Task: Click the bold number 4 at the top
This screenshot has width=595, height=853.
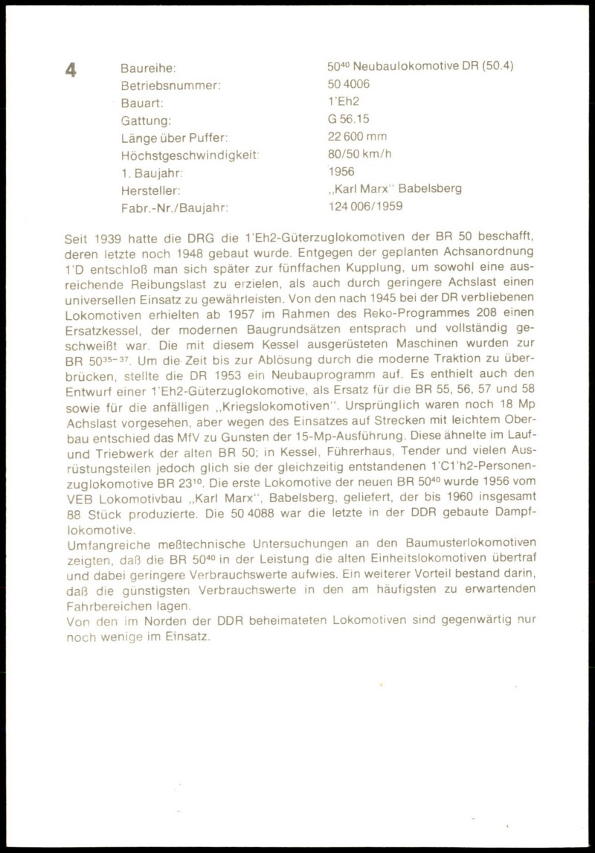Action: coord(71,71)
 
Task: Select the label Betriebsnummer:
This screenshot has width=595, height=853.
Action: coord(170,85)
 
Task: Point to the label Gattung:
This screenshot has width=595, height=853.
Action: coord(146,120)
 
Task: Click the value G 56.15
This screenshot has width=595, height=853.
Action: coord(348,119)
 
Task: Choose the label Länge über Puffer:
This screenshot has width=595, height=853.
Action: coord(174,137)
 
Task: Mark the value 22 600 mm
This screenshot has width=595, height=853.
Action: coord(357,136)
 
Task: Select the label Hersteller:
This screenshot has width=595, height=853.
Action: coord(149,190)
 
